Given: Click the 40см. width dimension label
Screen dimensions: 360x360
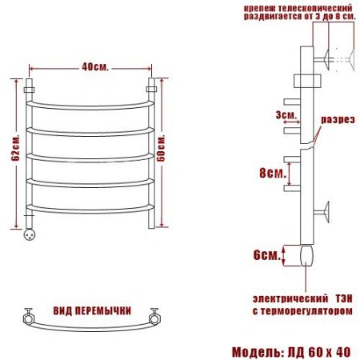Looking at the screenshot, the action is (x=95, y=67).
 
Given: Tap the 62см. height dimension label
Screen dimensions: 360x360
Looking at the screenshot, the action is (x=16, y=148).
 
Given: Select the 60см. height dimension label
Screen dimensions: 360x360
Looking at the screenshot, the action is (x=161, y=149).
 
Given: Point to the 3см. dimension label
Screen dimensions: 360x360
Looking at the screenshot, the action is (x=286, y=115).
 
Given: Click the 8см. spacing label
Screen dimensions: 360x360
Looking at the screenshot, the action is (x=273, y=173).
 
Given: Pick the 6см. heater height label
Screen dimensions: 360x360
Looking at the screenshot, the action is (x=267, y=255).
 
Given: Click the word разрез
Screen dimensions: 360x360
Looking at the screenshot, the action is (x=338, y=119).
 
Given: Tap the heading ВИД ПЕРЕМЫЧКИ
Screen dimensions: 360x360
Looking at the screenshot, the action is (x=92, y=310).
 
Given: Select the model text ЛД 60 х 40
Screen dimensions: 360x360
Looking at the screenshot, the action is (x=319, y=352).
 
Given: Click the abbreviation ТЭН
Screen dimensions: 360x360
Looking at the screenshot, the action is (x=344, y=298).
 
